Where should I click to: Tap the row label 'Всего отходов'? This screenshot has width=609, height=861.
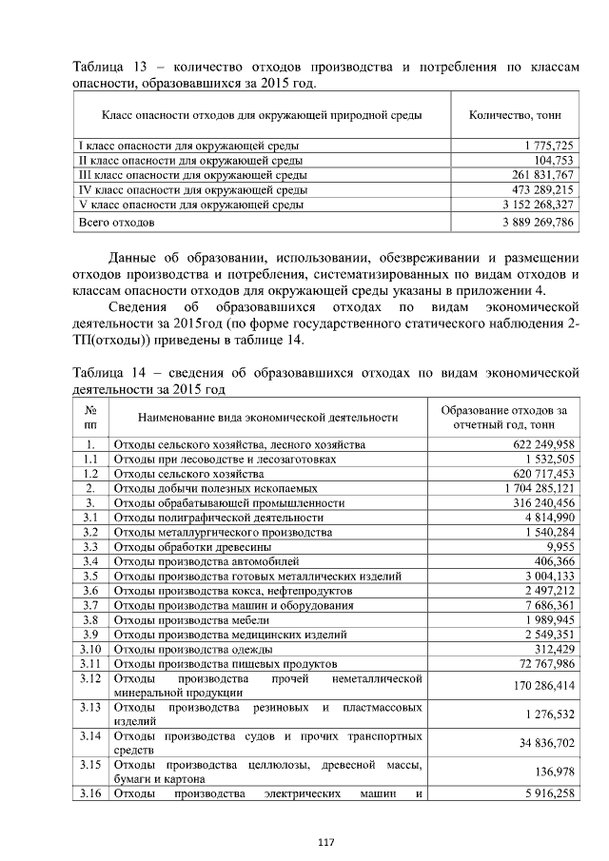click(116, 222)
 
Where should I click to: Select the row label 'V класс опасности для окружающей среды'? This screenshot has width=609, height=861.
click(190, 204)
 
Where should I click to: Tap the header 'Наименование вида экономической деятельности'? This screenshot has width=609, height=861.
click(267, 418)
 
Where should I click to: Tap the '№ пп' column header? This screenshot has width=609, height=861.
click(90, 418)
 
